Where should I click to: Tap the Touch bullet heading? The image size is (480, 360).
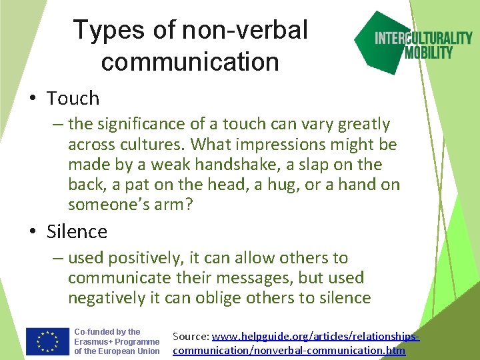73,99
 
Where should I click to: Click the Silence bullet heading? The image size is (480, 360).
77,231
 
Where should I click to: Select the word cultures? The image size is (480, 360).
156,145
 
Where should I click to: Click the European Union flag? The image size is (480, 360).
47,341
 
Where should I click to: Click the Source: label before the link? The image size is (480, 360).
191,337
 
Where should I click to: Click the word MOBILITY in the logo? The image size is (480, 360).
429,53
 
